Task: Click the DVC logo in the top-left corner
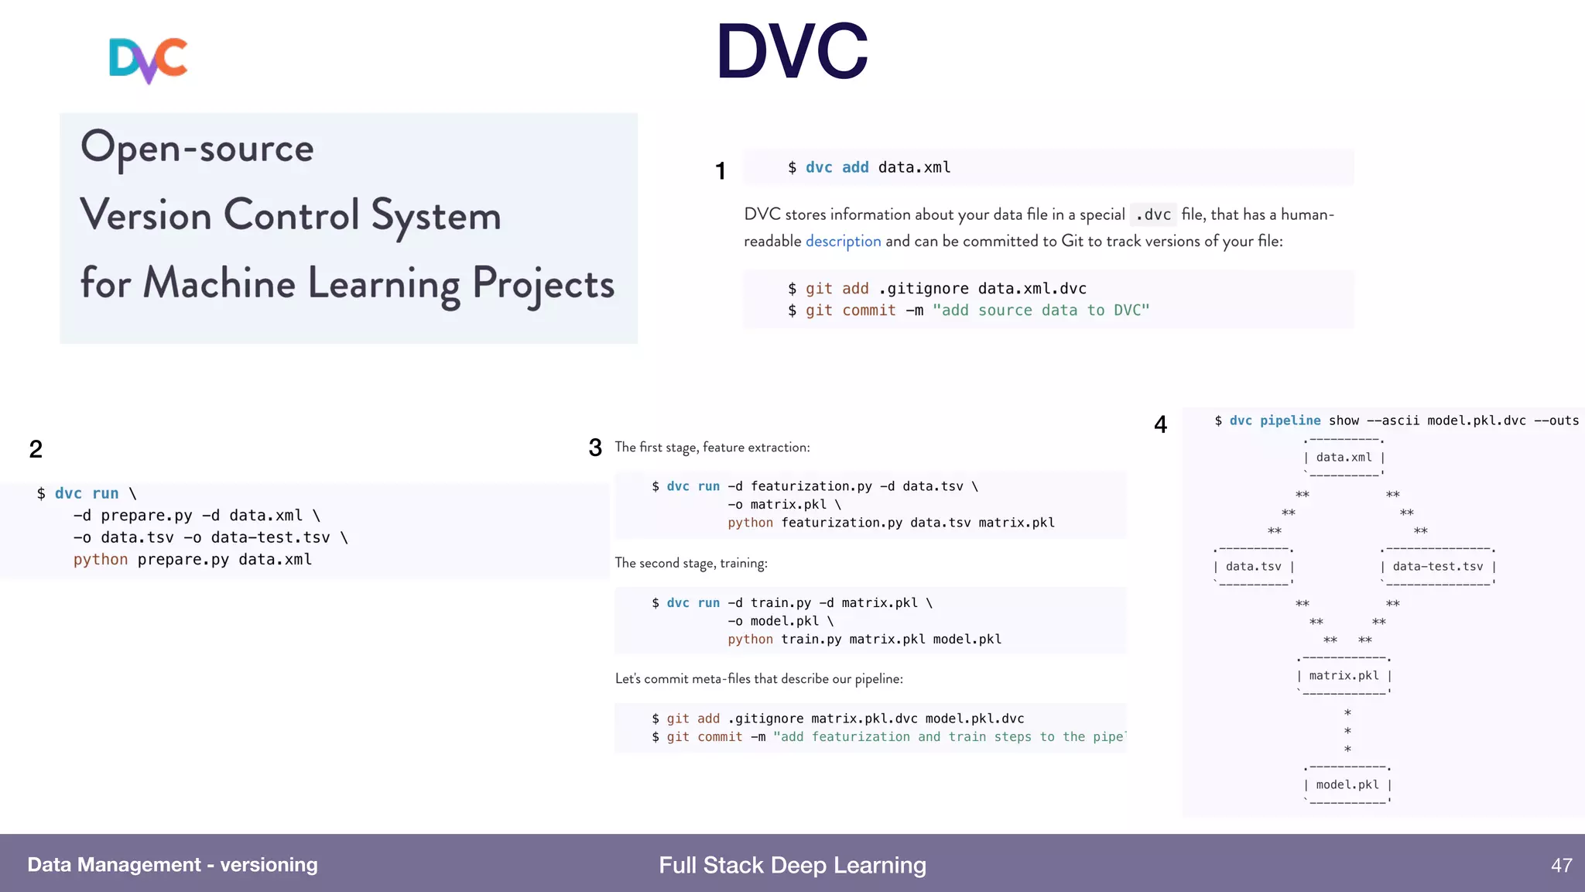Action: (148, 60)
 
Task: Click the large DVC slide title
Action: (792, 52)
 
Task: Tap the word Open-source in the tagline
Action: (197, 147)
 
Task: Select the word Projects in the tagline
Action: (543, 284)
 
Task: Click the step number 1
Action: (721, 171)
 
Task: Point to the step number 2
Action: (36, 449)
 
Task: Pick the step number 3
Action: (595, 448)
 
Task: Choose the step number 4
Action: (1160, 424)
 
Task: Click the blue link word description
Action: (843, 242)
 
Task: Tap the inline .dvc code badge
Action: (1153, 214)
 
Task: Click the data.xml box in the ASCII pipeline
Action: (1344, 458)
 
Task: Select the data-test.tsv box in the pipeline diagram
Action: (1438, 567)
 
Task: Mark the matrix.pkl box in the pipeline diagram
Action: (1344, 676)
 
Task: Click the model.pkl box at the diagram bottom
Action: (1347, 785)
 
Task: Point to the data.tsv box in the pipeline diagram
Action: (1253, 567)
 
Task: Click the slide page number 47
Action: (1561, 866)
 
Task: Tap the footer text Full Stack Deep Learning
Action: (792, 866)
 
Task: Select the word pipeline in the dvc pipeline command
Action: (1290, 420)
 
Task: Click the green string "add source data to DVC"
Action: (1041, 310)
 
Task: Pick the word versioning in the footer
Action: (269, 865)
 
